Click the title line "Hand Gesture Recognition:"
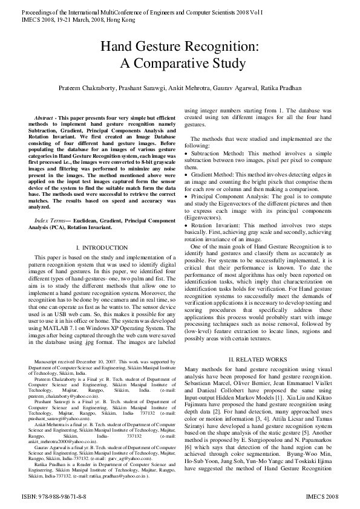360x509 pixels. (180, 47)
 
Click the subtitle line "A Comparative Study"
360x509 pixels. (180, 64)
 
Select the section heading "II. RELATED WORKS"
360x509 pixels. (257, 360)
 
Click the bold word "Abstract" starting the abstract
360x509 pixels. (44, 117)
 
